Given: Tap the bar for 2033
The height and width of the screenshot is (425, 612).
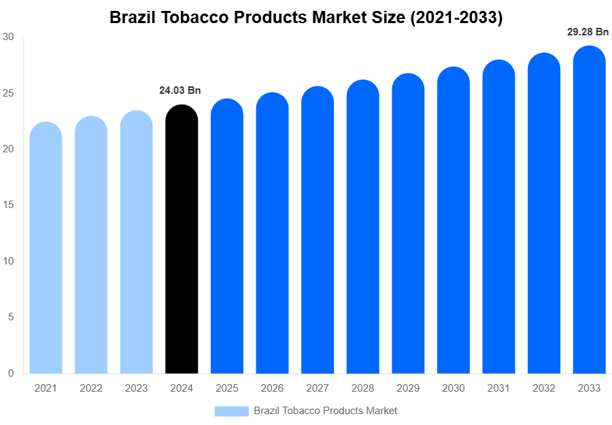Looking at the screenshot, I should pyautogui.click(x=589, y=210).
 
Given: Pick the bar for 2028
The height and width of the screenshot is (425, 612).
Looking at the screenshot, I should pyautogui.click(x=362, y=227).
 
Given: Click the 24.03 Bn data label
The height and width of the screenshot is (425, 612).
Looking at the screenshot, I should pyautogui.click(x=180, y=90).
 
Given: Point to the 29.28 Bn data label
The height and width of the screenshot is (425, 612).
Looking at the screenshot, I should pyautogui.click(x=588, y=31).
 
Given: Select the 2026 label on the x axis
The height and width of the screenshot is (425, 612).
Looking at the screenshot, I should pyautogui.click(x=272, y=388).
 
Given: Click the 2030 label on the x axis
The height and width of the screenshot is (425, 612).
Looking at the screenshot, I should pyautogui.click(x=453, y=388).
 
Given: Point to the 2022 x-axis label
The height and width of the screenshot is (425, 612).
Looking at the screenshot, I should pyautogui.click(x=91, y=388).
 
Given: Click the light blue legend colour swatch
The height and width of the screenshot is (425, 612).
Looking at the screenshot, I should pyautogui.click(x=231, y=411).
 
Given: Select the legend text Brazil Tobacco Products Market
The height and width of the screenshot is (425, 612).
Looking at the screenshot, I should pyautogui.click(x=325, y=411).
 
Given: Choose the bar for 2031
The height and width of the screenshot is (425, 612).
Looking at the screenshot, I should pyautogui.click(x=498, y=217).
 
